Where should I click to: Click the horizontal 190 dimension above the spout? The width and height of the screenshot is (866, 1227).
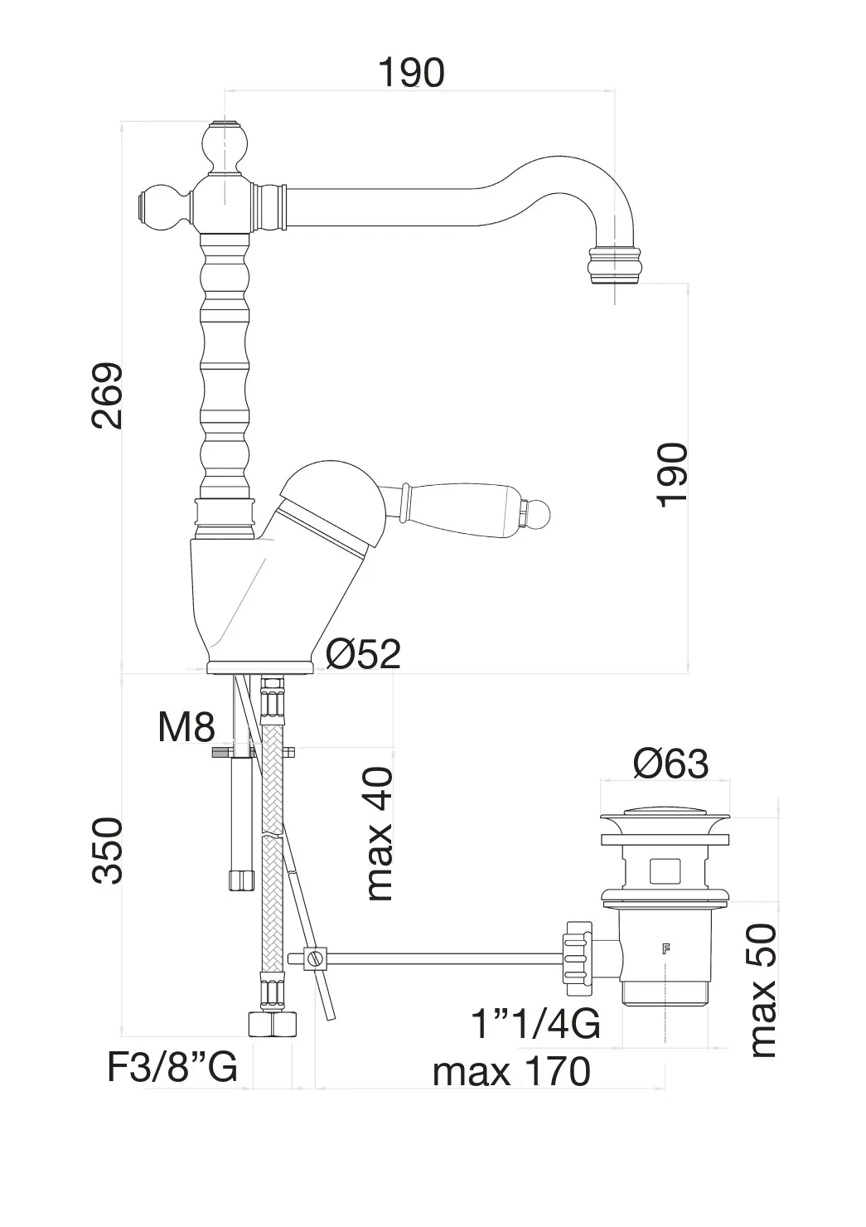point(411,73)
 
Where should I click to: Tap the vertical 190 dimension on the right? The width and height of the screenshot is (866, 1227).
point(671,473)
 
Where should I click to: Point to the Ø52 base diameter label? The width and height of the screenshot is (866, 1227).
point(362,654)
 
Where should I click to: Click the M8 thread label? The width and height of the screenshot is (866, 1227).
point(186,728)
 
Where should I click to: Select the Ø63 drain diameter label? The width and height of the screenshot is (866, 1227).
point(670,764)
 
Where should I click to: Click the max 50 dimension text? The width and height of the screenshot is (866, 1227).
point(762,990)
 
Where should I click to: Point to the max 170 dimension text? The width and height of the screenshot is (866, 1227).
point(511,1071)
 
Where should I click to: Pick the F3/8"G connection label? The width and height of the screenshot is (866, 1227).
point(172,1068)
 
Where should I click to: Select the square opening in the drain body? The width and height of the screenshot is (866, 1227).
point(666,871)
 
